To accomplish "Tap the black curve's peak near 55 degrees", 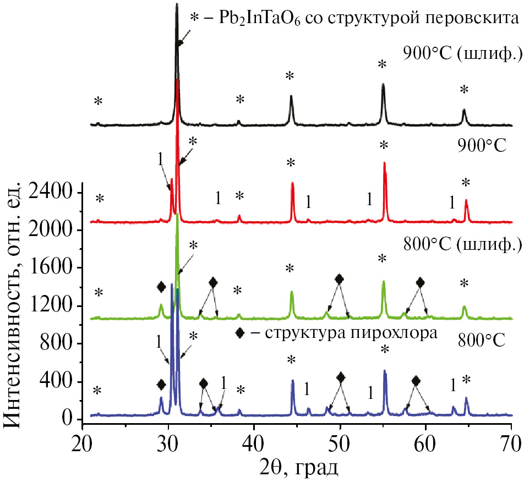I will point(383,84).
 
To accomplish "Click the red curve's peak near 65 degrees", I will point(466,200).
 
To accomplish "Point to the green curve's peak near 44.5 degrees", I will point(292,292).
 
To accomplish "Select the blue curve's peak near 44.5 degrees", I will point(293,380).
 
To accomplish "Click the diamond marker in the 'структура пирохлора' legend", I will point(239,333).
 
